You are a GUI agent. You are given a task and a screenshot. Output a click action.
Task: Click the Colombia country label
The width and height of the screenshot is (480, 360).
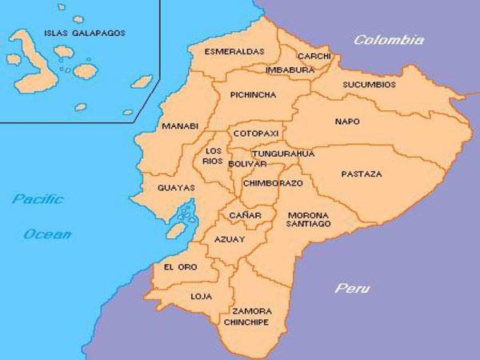(389, 40)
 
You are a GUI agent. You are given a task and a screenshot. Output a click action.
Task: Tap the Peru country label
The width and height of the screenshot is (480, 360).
(352, 288)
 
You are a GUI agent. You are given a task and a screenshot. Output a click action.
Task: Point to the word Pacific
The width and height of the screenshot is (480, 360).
(38, 199)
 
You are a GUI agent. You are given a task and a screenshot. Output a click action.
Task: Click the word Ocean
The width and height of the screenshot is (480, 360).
(47, 234)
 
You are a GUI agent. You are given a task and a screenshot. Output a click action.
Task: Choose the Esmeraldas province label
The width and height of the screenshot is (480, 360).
(234, 51)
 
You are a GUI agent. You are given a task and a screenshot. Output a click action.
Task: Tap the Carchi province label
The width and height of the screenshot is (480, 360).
(314, 56)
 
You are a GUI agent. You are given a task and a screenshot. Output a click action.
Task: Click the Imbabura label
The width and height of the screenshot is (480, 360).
(290, 70)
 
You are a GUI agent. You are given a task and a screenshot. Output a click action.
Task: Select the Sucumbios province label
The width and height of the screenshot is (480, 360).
(369, 83)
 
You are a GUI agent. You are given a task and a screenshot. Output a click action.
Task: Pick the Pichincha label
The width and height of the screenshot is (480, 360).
(253, 94)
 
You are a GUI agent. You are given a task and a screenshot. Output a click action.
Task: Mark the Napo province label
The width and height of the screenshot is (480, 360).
(347, 122)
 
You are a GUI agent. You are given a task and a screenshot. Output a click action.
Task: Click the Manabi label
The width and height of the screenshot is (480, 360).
(179, 126)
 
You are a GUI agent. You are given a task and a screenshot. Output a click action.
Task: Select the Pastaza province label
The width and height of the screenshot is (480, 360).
(362, 174)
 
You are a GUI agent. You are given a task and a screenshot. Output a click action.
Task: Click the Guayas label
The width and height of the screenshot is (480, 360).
(178, 188)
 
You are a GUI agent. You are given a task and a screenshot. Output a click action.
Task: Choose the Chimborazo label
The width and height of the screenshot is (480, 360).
(273, 182)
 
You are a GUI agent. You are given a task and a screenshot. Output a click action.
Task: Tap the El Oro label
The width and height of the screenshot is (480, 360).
(178, 266)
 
